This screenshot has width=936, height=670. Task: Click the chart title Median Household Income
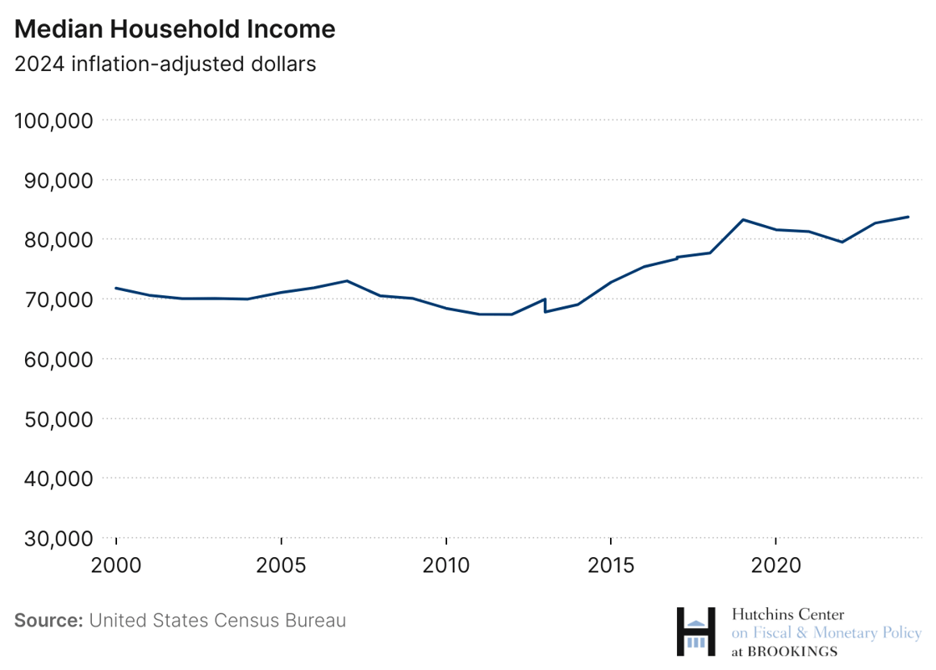click(x=175, y=29)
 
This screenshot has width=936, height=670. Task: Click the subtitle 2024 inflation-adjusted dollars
click(x=165, y=64)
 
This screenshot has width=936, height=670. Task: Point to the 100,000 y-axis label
click(x=53, y=120)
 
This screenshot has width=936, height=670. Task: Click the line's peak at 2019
click(x=743, y=220)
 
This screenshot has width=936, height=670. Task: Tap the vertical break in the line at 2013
click(x=545, y=305)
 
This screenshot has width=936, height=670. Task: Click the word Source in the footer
click(x=48, y=621)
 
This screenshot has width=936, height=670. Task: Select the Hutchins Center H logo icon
click(x=696, y=632)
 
